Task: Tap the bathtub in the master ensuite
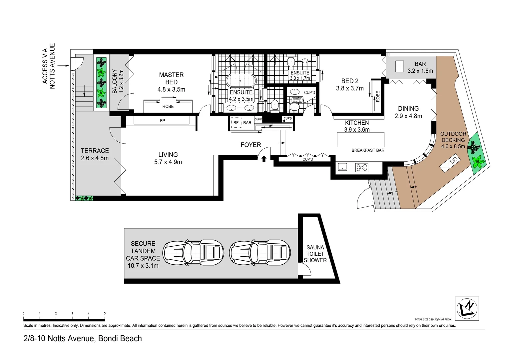tap(241, 81)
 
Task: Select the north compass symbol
tap(467, 308)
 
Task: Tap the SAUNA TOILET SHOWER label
tap(315, 254)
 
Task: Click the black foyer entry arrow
tap(264, 159)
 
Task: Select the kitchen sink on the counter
tap(342, 167)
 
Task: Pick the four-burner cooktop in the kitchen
tap(361, 167)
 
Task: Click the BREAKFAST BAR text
tap(368, 150)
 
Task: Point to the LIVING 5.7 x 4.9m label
tap(168, 158)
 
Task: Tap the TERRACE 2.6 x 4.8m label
tap(95, 154)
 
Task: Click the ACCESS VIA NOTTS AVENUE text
tap(48, 66)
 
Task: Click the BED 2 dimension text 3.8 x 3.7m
tap(350, 88)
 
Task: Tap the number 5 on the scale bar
tap(105, 313)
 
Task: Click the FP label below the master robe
tap(162, 121)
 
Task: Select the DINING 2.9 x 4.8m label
tap(408, 112)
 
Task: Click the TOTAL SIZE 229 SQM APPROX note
tap(433, 319)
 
